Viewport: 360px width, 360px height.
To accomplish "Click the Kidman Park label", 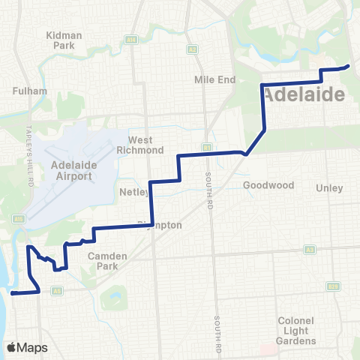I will (x=68, y=40).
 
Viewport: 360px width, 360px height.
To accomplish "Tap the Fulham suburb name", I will (x=31, y=91).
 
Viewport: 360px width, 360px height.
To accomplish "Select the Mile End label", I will (x=215, y=79).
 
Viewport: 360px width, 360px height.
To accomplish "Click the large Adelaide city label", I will (x=304, y=94).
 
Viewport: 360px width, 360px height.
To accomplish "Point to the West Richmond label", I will (x=140, y=145).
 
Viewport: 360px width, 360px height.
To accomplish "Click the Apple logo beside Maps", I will (x=11, y=347).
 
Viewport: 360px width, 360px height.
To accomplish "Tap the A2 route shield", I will (x=193, y=49).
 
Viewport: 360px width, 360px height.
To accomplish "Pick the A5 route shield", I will (x=56, y=289).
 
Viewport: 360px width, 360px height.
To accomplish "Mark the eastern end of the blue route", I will (x=349, y=67).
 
